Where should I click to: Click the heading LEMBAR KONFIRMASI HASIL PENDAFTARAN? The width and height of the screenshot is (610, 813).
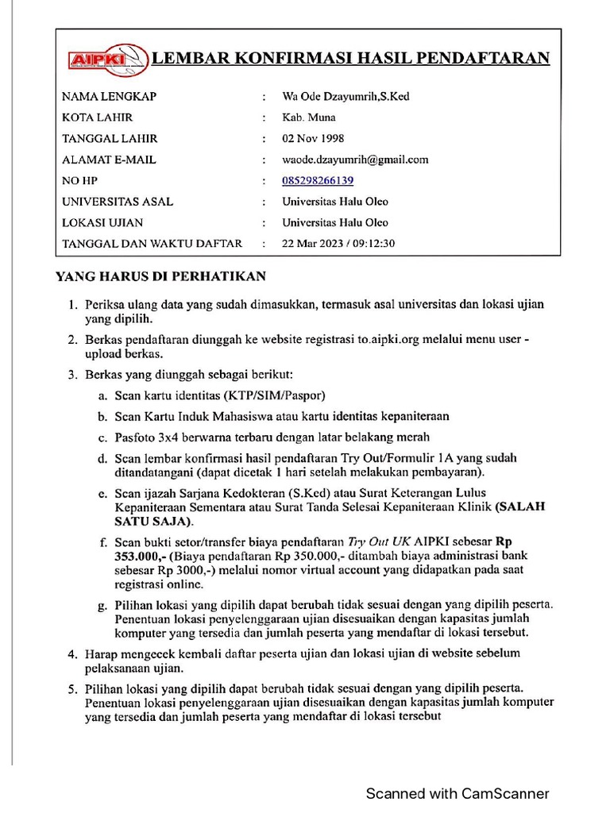coord(350,58)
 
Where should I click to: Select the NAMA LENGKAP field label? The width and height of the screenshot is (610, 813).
coord(109,97)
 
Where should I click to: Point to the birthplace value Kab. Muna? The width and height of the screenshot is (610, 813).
coord(309,118)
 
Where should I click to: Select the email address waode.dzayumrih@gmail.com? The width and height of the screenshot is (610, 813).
coord(355,159)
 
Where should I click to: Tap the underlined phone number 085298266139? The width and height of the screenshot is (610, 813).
coord(318,180)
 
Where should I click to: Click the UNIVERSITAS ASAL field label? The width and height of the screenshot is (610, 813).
coord(118,202)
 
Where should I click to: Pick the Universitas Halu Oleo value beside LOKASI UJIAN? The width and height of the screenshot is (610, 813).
coord(335,222)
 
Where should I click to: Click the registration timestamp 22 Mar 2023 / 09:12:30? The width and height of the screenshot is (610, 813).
coord(338,243)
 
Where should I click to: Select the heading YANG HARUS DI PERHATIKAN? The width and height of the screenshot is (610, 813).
coord(160,276)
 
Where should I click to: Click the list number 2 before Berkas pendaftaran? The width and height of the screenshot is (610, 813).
coord(71,340)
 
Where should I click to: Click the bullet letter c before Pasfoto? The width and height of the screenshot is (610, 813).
coord(102,437)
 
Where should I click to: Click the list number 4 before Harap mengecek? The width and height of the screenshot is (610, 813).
coord(71,653)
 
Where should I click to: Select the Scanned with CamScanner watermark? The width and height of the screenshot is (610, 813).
coord(457,793)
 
